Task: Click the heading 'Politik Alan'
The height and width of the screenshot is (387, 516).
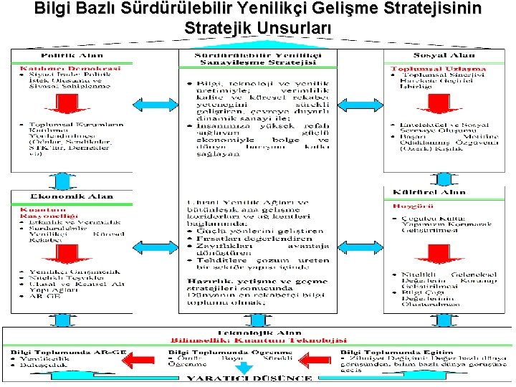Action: [71, 55]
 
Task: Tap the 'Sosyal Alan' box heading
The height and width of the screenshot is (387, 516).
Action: [444, 55]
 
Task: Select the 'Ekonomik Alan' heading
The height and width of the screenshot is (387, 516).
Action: [71, 196]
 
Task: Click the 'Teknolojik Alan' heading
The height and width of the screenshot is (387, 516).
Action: [258, 333]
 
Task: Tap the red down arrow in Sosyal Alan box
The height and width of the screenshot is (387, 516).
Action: [444, 105]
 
